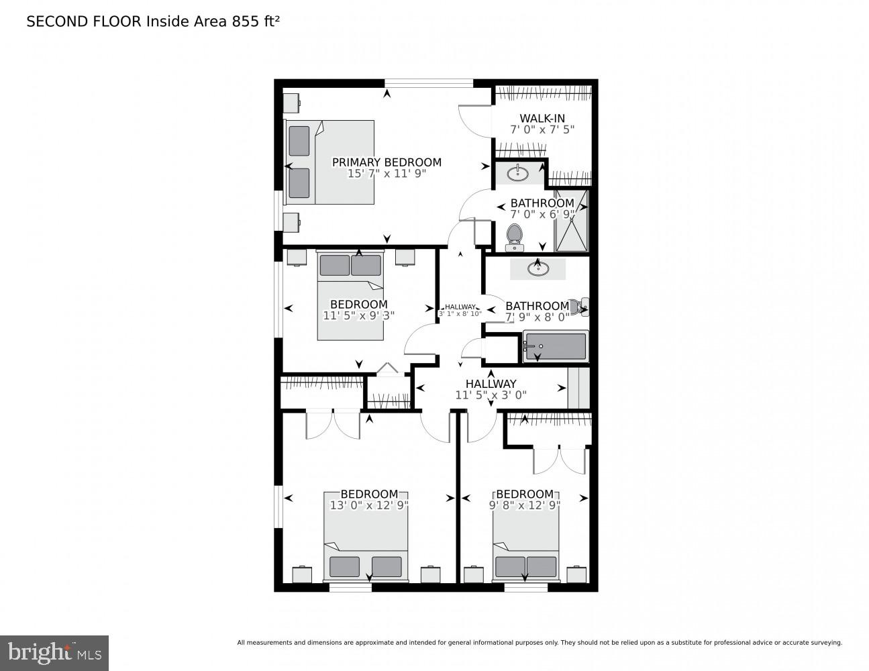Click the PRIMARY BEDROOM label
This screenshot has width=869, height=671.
click(387, 162)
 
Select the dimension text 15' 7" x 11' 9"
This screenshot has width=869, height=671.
click(387, 174)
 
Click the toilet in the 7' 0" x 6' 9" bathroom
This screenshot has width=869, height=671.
click(514, 236)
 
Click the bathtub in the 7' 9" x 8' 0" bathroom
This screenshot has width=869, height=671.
click(555, 346)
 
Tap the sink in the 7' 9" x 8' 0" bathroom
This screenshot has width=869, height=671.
click(537, 269)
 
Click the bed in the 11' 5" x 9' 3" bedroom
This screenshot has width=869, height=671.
click(350, 295)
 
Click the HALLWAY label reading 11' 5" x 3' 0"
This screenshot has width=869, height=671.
click(491, 389)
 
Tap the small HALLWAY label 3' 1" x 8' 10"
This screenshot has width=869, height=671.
click(460, 310)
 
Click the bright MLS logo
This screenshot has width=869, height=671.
click(54, 652)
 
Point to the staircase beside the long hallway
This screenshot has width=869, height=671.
click(578, 387)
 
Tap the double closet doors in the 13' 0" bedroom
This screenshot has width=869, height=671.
click(333, 424)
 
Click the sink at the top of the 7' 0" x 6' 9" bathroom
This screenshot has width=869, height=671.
click(517, 174)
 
